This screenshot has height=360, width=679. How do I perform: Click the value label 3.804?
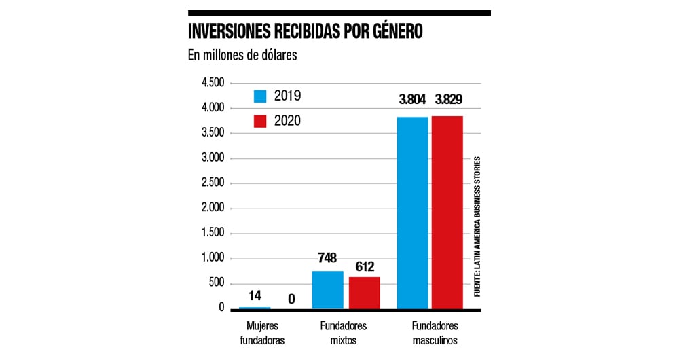pyautogui.click(x=412, y=100)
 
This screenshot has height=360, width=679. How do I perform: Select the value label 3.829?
pyautogui.click(x=448, y=100)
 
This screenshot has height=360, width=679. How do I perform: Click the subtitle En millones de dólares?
pyautogui.click(x=242, y=56)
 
